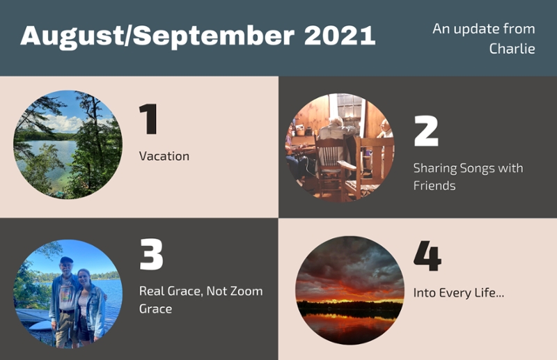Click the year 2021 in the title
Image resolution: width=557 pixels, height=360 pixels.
(340, 36)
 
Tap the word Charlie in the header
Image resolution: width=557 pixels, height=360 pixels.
(512, 49)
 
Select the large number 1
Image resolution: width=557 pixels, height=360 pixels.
(148, 118)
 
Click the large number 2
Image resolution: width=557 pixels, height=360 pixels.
(426, 131)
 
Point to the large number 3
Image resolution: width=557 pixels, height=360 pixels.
(151, 253)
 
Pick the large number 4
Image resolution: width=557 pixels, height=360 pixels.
(427, 256)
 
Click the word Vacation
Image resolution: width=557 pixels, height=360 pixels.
(164, 156)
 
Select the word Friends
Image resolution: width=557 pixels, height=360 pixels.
(434, 185)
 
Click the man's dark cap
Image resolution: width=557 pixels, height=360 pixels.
(66, 260)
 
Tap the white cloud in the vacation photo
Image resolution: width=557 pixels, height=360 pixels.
(63, 123)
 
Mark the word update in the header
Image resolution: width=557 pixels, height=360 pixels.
(478, 29)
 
